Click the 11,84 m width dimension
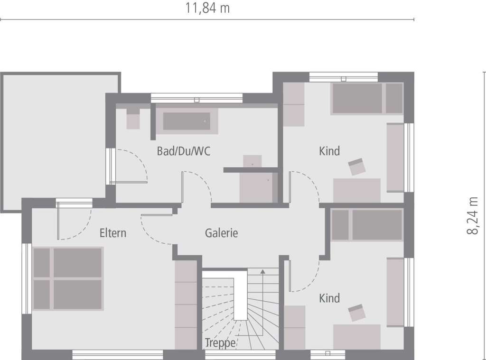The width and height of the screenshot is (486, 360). (x=207, y=8)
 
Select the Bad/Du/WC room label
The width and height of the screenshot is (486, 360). (x=184, y=152)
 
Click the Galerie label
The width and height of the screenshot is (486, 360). (x=221, y=233)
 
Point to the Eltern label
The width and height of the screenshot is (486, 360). (x=113, y=233)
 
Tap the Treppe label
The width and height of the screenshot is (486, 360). (x=220, y=342)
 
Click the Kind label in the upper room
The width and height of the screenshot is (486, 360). (x=329, y=151)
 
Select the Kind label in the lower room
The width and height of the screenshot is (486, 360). (x=329, y=298)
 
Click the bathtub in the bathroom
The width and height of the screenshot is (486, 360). (x=187, y=121)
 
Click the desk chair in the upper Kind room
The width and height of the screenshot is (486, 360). (x=357, y=167)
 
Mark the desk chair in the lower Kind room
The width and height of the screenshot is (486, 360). (x=357, y=313)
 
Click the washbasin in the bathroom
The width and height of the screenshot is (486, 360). (x=252, y=161)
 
